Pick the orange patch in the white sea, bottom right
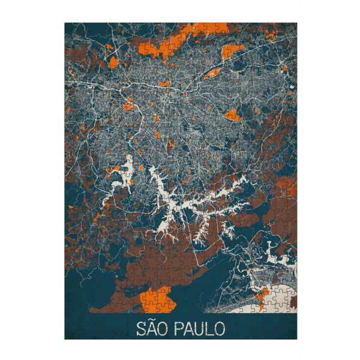(x=263, y=292)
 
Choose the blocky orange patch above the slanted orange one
(x=231, y=51)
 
